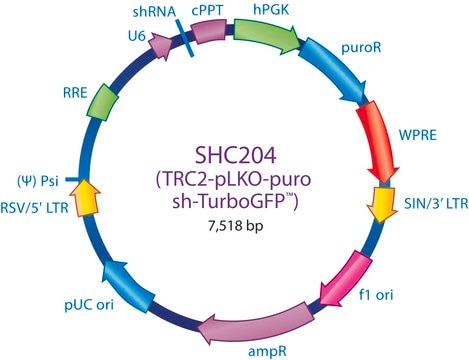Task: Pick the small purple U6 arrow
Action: pyautogui.click(x=161, y=45)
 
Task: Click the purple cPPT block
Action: pyautogui.click(x=208, y=31)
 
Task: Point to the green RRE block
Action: pyautogui.click(x=103, y=102)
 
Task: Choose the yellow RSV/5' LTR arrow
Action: pyautogui.click(x=85, y=197)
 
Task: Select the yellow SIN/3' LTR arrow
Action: pyautogui.click(x=382, y=204)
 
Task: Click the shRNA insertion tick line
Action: pyautogui.click(x=184, y=38)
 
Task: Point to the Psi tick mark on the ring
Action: pyautogui.click(x=72, y=180)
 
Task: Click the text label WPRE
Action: pyautogui.click(x=418, y=135)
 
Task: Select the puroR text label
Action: pyautogui.click(x=361, y=48)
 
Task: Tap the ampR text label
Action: pyautogui.click(x=267, y=352)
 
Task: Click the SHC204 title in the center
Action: pyautogui.click(x=236, y=155)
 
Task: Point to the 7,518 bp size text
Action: pyautogui.click(x=236, y=226)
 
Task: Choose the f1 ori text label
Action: pyautogui.click(x=376, y=295)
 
